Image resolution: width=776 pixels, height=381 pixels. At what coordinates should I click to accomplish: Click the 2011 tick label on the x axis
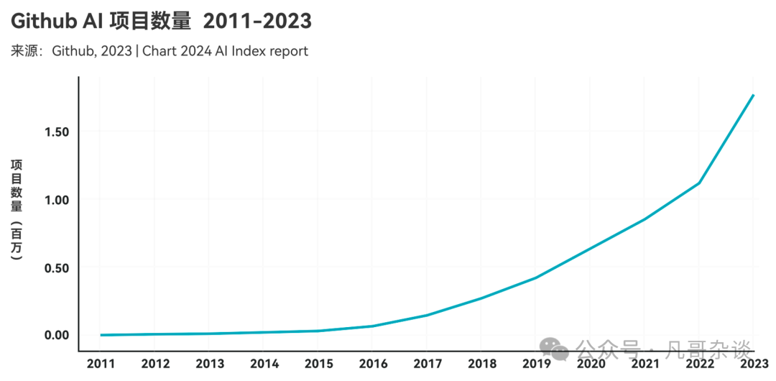click(101, 364)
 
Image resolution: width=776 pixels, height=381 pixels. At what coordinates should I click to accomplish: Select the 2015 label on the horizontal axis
click(318, 364)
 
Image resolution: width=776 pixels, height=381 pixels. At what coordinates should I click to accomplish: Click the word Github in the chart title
click(46, 22)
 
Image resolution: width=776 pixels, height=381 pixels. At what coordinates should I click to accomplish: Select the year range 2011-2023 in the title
click(257, 22)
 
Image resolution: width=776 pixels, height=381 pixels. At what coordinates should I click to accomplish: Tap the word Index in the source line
click(251, 52)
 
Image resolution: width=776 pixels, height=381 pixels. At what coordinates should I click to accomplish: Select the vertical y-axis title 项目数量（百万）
click(17, 208)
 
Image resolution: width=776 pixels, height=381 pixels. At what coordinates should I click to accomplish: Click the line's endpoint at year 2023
click(752, 95)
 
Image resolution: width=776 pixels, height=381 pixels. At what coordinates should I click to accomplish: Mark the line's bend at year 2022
click(698, 183)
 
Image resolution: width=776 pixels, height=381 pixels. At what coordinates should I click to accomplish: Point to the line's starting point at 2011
click(102, 335)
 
